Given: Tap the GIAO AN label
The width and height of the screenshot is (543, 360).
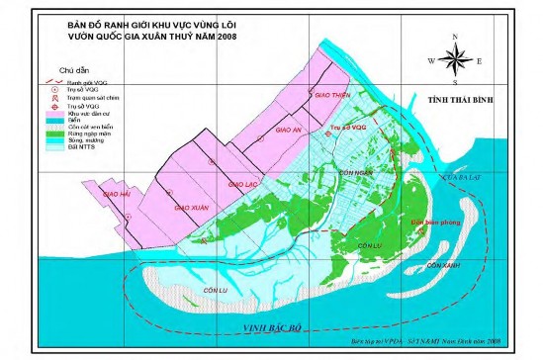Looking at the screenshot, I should coord(287,130).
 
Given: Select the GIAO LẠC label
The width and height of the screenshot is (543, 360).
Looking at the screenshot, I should coord(242,184).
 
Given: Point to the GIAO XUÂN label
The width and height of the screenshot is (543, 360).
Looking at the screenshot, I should coord(191,209).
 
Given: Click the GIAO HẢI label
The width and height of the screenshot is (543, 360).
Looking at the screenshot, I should coord(117,195).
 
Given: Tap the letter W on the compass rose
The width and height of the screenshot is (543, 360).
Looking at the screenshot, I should coord(431,59).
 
